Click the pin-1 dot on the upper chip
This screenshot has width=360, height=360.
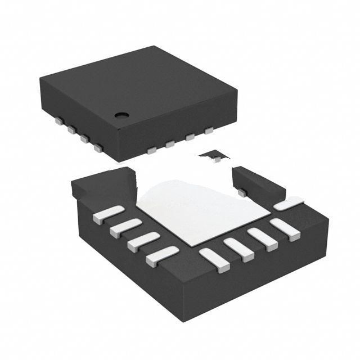tap(121, 115)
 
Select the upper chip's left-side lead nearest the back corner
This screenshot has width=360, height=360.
tap(58, 120)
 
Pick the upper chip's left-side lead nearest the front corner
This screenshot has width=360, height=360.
tap(98, 148)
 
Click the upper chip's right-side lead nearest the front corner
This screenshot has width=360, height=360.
tap(151, 150)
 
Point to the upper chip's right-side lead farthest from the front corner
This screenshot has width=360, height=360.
tap(209, 131)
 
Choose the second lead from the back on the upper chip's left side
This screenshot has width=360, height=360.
tap(71, 129)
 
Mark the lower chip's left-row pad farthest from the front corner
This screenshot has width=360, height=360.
tap(108, 215)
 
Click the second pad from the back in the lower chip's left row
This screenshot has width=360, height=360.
tap(125, 228)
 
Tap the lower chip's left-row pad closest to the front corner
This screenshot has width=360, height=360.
tap(162, 256)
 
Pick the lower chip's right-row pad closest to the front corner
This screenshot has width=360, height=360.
tap(214, 260)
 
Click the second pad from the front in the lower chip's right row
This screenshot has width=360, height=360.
tap(238, 249)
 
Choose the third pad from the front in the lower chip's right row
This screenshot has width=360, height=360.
tap(263, 238)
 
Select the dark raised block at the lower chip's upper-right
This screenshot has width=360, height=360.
tap(256, 183)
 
